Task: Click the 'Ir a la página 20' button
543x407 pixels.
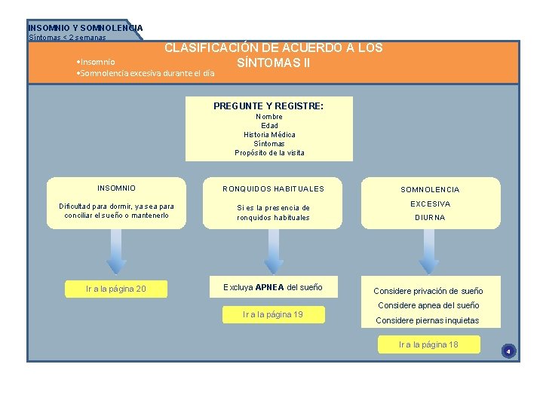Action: pyautogui.click(x=116, y=289)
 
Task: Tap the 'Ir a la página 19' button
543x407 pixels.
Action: pyautogui.click(x=273, y=314)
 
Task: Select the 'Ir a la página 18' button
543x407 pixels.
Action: pyautogui.click(x=428, y=344)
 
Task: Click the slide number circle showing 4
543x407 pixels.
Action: pyautogui.click(x=508, y=351)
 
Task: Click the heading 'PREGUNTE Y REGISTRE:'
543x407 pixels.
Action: pyautogui.click(x=268, y=106)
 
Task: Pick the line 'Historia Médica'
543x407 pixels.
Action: pyautogui.click(x=269, y=135)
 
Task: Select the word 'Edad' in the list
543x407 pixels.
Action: pyautogui.click(x=269, y=126)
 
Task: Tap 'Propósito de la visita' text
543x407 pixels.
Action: pyautogui.click(x=269, y=153)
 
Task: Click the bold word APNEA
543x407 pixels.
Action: pyautogui.click(x=269, y=287)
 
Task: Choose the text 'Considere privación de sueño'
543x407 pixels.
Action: pyautogui.click(x=428, y=291)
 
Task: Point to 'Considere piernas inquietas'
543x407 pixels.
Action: pyautogui.click(x=427, y=320)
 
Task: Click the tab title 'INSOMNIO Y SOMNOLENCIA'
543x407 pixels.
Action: pyautogui.click(x=85, y=28)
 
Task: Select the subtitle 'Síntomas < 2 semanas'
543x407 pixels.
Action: pyautogui.click(x=67, y=37)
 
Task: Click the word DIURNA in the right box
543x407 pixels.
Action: pyautogui.click(x=429, y=218)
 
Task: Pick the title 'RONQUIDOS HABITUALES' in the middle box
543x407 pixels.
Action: pyautogui.click(x=273, y=189)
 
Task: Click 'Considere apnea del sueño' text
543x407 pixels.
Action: pyautogui.click(x=428, y=305)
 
